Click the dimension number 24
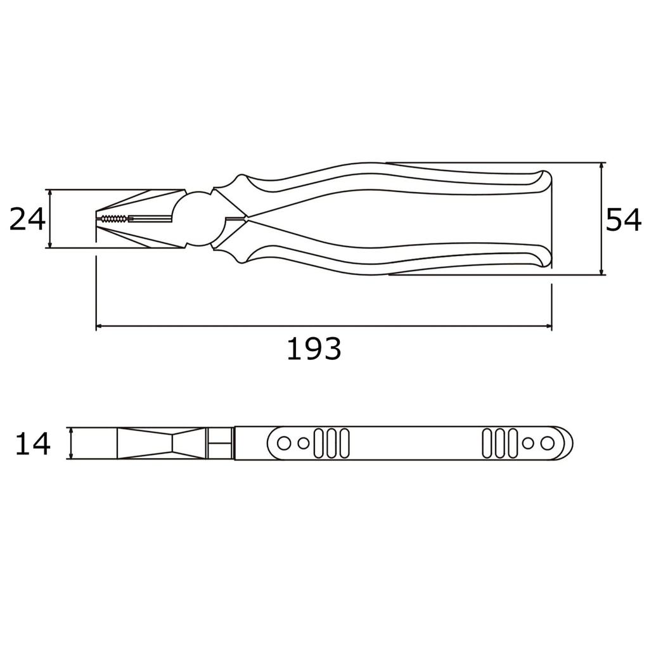27,219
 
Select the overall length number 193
314,349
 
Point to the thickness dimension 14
32,444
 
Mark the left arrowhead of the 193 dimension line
100,327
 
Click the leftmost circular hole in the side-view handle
285,443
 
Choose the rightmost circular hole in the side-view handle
546,443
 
